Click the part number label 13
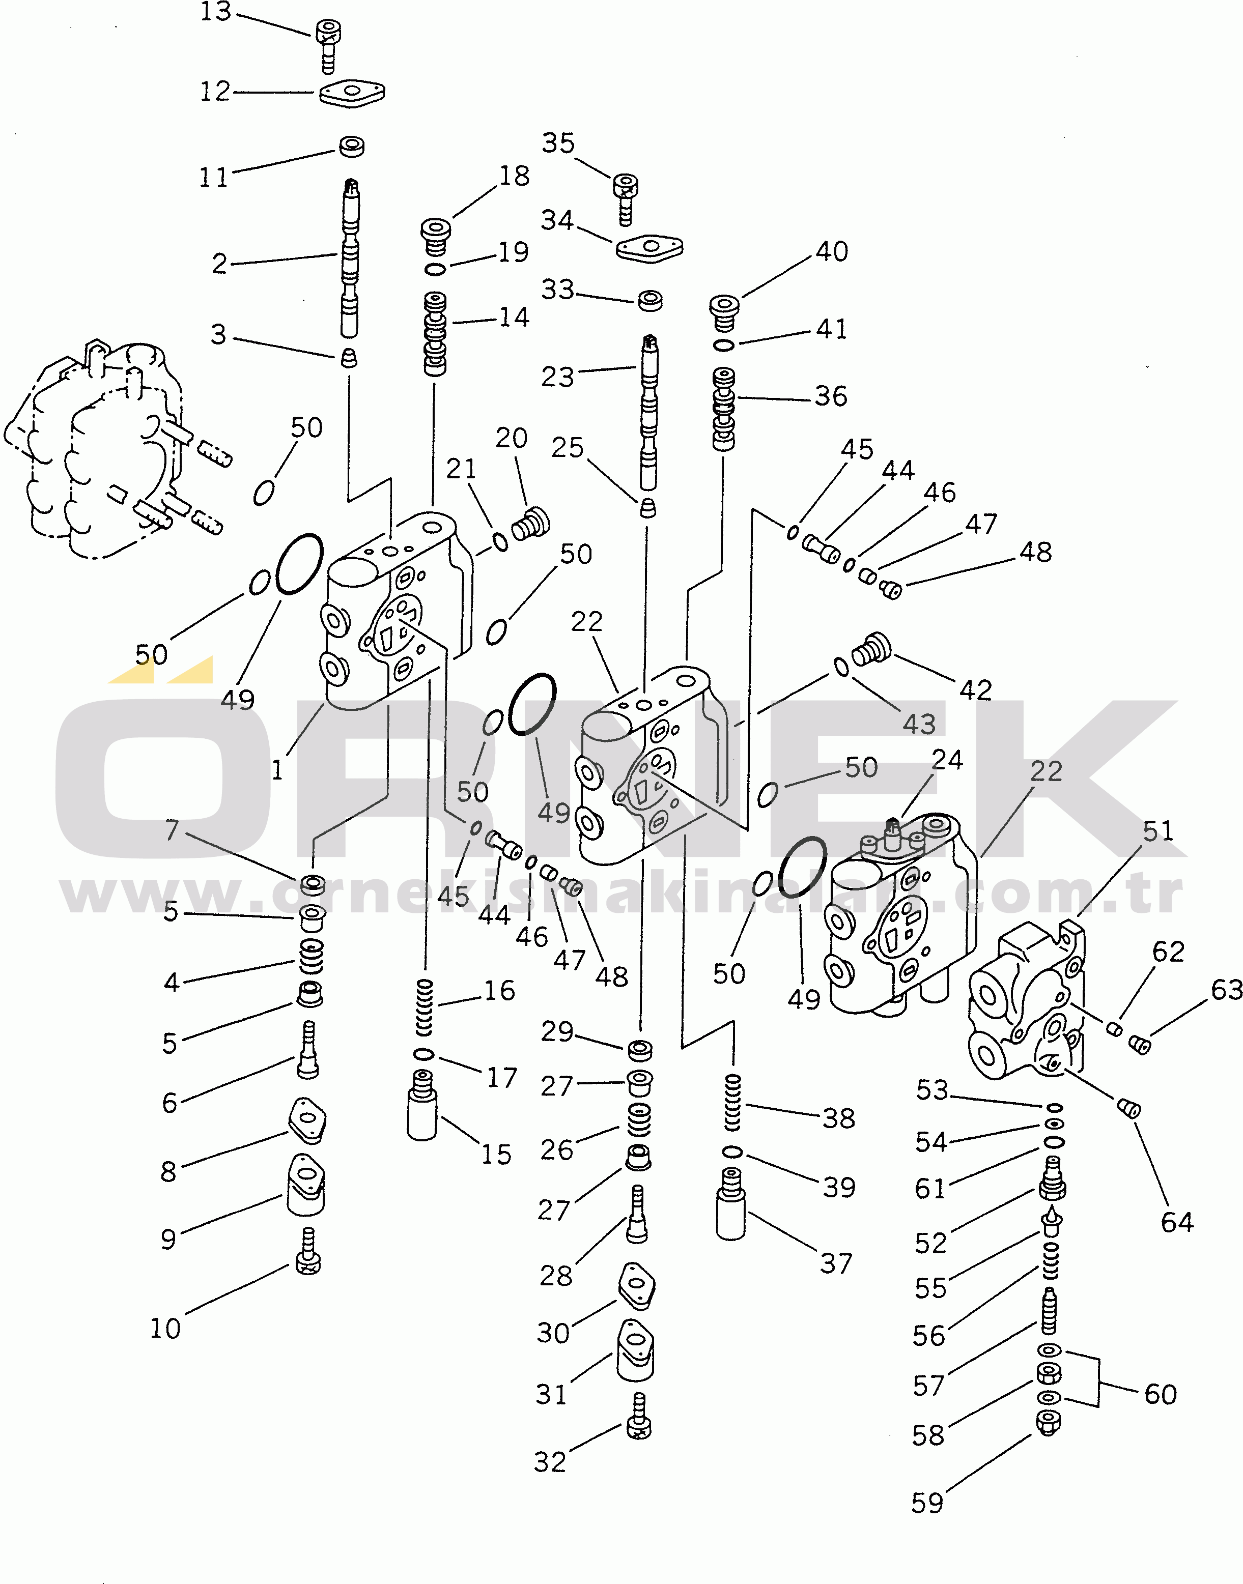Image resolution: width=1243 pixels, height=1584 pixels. (215, 12)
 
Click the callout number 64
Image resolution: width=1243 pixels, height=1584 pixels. (1177, 1222)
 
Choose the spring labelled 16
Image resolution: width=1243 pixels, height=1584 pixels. (423, 1007)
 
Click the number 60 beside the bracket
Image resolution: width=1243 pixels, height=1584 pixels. (1160, 1394)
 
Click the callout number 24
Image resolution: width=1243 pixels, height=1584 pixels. (947, 760)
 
